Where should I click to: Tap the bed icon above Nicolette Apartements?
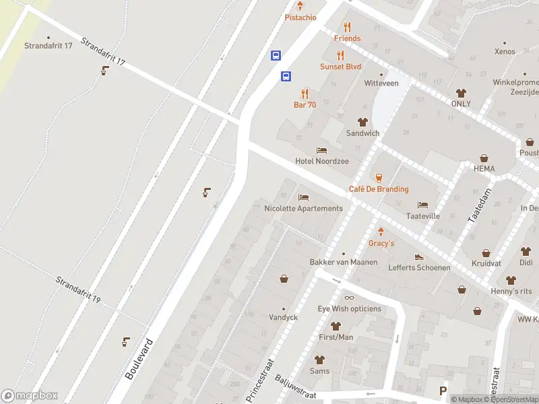pyautogui.click(x=304, y=197)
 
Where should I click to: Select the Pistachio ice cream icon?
pyautogui.click(x=300, y=6)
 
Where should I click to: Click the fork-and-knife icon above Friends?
pyautogui.click(x=348, y=27)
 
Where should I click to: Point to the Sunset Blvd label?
pyautogui.click(x=340, y=67)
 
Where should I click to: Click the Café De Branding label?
pyautogui.click(x=379, y=189)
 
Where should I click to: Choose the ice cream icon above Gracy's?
pyautogui.click(x=381, y=231)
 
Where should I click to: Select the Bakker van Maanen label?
pyautogui.click(x=344, y=261)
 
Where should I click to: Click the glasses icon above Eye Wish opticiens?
pyautogui.click(x=349, y=298)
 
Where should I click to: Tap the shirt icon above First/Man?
pyautogui.click(x=336, y=326)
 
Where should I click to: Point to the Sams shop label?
pyautogui.click(x=319, y=371)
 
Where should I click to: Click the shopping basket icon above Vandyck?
pyautogui.click(x=284, y=279)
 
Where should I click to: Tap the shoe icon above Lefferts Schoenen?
pyautogui.click(x=419, y=257)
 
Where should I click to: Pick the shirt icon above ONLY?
pyautogui.click(x=461, y=93)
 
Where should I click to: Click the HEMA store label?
pyautogui.click(x=484, y=169)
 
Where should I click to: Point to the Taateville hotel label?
pyautogui.click(x=423, y=217)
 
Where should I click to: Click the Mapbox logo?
pyautogui.click(x=30, y=396)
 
